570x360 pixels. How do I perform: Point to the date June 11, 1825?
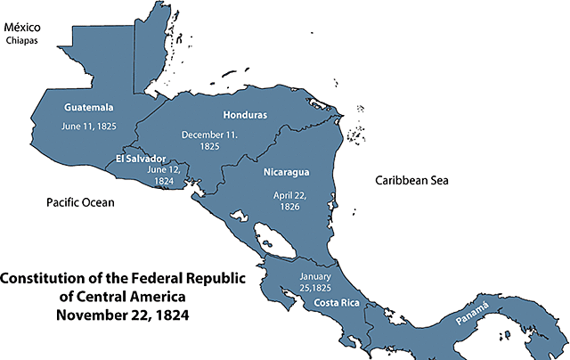(x=90, y=127)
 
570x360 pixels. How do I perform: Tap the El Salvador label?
(x=141, y=158)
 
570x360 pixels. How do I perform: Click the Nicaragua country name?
(x=288, y=170)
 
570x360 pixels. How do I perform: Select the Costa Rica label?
(x=336, y=304)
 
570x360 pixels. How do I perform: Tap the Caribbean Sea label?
(x=411, y=180)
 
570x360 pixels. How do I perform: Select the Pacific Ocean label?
(x=80, y=203)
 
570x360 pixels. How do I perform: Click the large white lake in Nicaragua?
(x=270, y=241)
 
